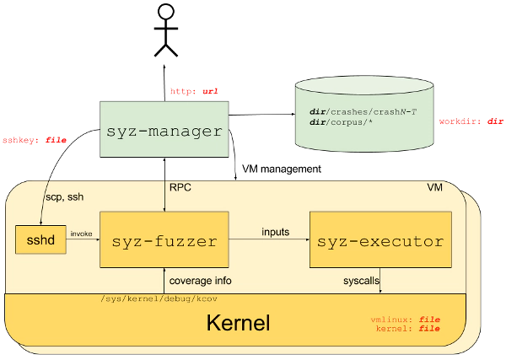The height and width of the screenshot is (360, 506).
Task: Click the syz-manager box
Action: tap(164, 129)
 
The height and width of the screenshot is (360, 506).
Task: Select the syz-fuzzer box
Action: tap(164, 239)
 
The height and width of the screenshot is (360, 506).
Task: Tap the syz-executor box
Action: tap(380, 239)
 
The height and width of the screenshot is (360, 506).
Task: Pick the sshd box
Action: tap(40, 239)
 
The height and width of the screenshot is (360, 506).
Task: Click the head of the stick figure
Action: tap(166, 11)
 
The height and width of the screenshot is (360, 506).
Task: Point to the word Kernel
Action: tap(238, 323)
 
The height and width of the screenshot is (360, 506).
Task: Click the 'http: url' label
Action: tap(194, 91)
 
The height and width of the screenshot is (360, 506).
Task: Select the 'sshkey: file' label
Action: tap(35, 140)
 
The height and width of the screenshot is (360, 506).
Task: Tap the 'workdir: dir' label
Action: tap(471, 121)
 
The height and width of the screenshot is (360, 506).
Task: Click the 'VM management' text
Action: tap(282, 169)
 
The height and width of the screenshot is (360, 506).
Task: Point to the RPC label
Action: tap(180, 187)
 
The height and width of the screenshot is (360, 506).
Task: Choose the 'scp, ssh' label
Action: tap(65, 196)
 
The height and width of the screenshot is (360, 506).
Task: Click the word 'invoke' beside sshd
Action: tap(81, 234)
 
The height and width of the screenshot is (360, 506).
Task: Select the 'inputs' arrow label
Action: tap(275, 232)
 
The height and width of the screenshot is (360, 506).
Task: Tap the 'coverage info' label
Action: tap(200, 281)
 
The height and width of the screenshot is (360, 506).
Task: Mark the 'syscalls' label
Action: tap(361, 281)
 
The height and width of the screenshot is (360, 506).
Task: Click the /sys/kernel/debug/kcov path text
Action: tap(159, 299)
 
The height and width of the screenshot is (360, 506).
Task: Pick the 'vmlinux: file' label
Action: tap(406, 320)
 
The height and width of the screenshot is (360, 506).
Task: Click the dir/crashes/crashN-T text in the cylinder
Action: tap(363, 112)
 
